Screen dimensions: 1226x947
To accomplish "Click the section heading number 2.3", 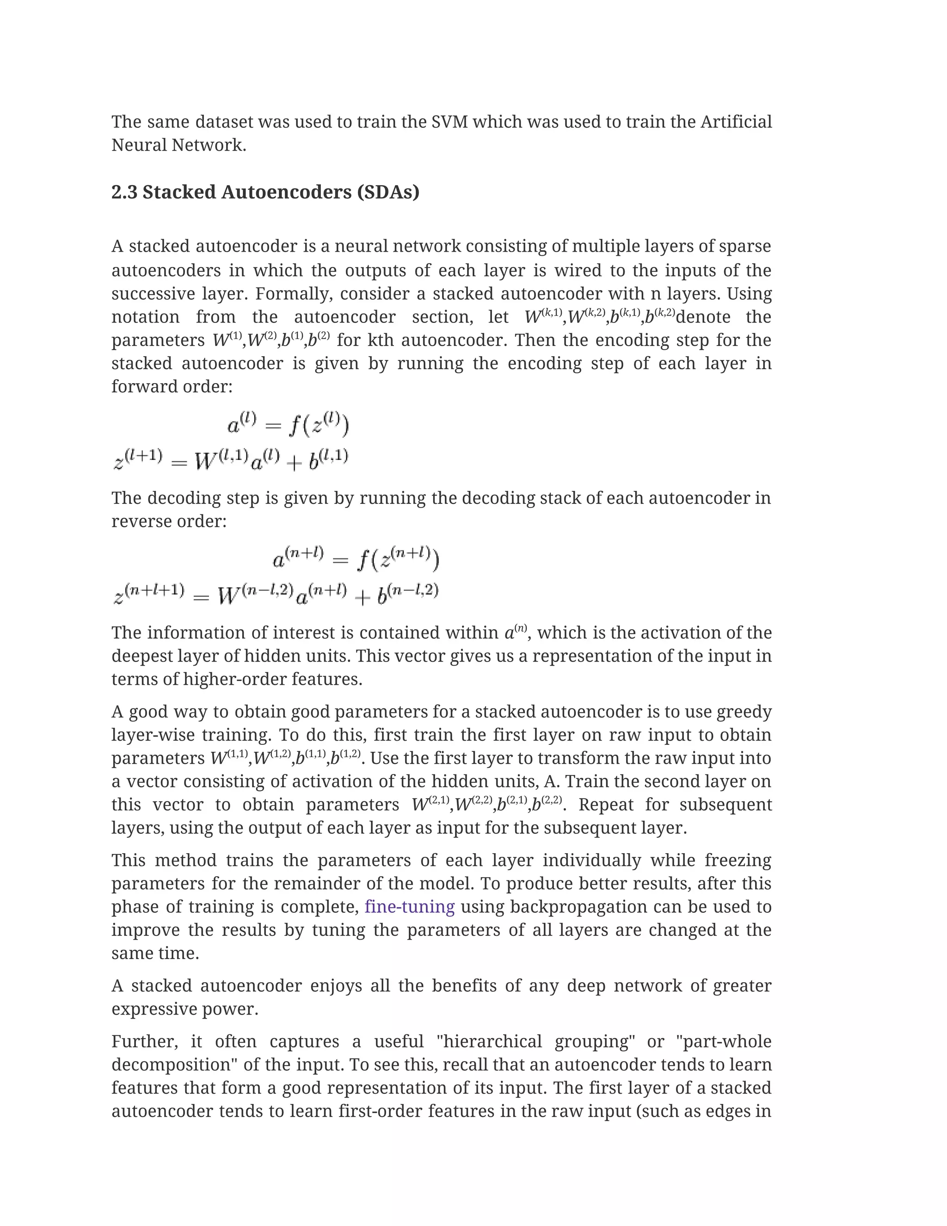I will (124, 192).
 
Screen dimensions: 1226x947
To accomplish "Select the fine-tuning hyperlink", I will (410, 907).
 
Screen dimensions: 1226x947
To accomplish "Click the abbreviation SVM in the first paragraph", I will (449, 122).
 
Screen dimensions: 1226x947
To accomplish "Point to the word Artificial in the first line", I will (736, 122).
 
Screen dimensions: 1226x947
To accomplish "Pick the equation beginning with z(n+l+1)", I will (276, 594).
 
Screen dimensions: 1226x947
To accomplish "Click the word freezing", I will (738, 860).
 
